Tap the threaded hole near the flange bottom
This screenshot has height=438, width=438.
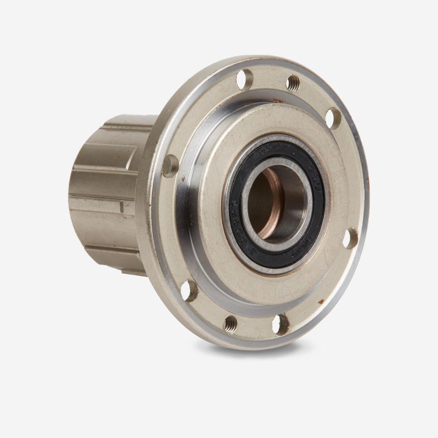coord(231,322)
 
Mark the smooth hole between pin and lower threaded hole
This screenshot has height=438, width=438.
coord(191,291)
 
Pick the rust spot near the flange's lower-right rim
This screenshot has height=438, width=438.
coord(321,301)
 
